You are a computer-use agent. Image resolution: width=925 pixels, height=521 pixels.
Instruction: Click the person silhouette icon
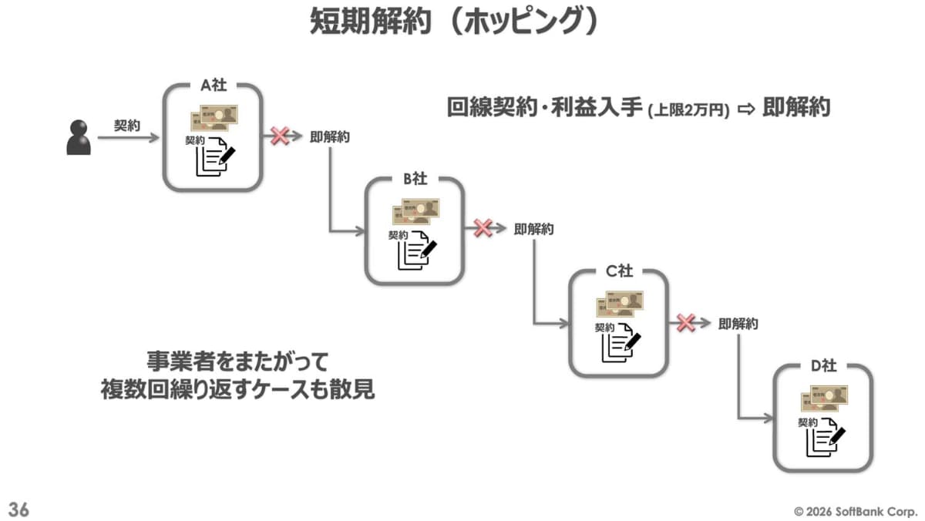[79, 138]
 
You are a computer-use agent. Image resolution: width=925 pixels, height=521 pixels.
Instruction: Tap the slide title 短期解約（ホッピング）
[455, 22]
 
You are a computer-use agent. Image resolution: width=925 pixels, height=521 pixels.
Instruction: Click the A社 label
[214, 86]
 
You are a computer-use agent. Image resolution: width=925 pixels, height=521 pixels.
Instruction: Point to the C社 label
[618, 271]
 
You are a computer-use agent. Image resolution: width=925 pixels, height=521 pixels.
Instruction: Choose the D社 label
[823, 364]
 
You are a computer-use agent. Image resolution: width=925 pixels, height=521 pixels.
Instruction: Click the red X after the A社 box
[280, 136]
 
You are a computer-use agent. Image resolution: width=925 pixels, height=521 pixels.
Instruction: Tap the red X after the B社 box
[483, 228]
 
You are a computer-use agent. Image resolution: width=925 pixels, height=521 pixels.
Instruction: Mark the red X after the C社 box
[686, 323]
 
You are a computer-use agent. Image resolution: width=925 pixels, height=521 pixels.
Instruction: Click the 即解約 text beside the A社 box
[330, 137]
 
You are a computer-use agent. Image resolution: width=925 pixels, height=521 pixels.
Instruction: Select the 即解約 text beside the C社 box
[738, 324]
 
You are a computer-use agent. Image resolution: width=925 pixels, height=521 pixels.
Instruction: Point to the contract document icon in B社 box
[416, 248]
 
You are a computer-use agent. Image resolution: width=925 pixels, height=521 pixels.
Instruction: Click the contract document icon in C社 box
[621, 341]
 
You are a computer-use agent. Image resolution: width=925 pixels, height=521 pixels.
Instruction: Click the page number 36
[18, 509]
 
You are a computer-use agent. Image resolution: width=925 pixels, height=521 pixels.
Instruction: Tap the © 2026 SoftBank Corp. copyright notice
[856, 510]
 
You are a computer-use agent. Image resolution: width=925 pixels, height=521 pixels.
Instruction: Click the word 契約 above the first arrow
[127, 125]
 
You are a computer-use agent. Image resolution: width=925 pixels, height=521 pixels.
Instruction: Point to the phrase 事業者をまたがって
[237, 361]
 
